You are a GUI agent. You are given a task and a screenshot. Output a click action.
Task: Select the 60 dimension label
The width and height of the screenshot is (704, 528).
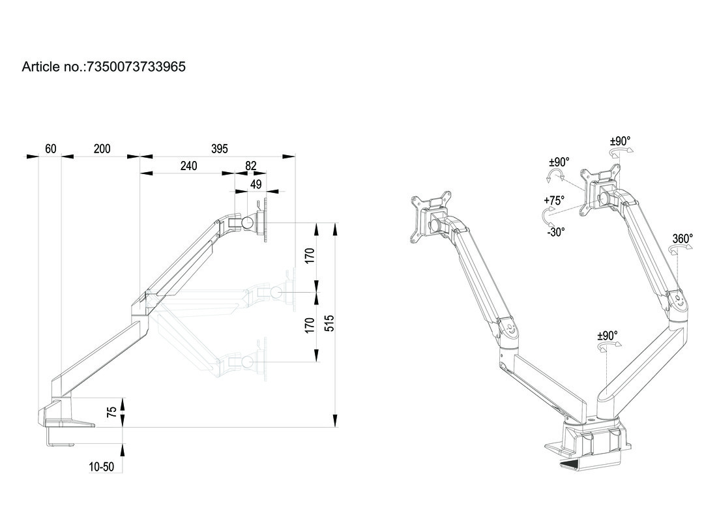pos(50,149)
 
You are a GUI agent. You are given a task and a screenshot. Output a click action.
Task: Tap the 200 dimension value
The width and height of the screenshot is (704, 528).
pos(102,149)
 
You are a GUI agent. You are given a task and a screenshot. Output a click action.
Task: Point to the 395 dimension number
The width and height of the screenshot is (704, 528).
pos(220,149)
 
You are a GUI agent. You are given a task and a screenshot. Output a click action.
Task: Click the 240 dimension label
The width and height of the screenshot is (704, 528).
pos(188,166)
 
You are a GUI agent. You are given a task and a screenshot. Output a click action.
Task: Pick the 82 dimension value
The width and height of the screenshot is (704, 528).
pos(251,166)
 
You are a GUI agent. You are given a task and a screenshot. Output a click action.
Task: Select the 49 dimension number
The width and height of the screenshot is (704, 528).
pos(256,184)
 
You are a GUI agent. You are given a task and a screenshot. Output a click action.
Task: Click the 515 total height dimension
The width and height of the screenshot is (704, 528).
pos(329,323)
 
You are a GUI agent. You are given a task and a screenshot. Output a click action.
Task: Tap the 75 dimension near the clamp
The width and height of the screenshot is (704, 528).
pos(112,411)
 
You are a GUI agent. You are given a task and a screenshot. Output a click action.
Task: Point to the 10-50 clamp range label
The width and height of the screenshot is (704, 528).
pos(102,467)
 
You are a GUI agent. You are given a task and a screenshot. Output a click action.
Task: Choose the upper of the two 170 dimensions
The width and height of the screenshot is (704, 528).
pos(310,254)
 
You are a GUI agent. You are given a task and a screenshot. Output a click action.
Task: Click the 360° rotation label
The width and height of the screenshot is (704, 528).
pos(682,239)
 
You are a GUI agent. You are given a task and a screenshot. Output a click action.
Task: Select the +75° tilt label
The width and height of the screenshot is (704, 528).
pos(554,201)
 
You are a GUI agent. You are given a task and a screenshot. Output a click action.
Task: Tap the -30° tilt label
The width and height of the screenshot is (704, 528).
pos(555,231)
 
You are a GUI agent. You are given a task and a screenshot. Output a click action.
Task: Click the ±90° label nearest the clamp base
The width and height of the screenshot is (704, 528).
pos(607,336)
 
